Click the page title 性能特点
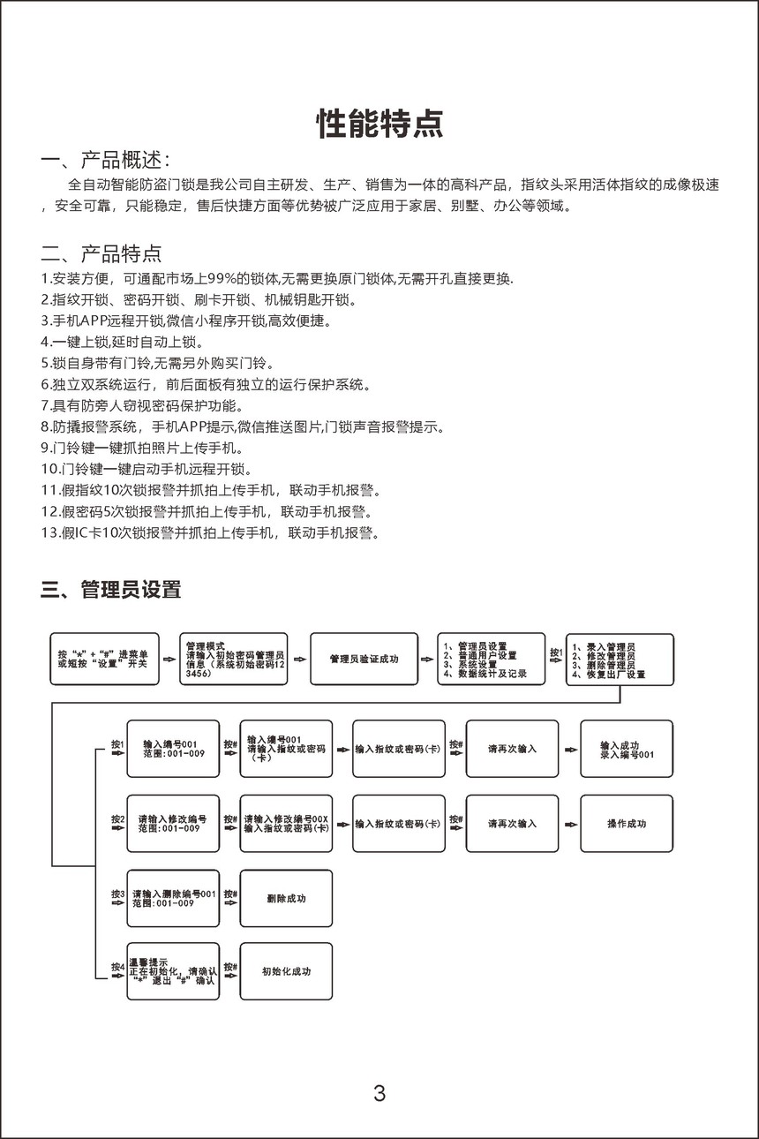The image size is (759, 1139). [x=379, y=124]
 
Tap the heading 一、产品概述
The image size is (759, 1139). [x=105, y=161]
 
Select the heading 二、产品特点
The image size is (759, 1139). [x=101, y=255]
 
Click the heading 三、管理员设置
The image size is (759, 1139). [x=110, y=590]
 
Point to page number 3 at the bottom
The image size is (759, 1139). [x=379, y=1094]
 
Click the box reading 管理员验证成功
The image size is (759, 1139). [x=364, y=659]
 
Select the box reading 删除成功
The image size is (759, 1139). [x=286, y=899]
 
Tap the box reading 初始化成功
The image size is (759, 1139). [x=286, y=971]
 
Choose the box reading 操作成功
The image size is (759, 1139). [x=627, y=824]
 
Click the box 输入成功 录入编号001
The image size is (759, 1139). [x=627, y=750]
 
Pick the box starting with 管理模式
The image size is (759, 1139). [x=234, y=659]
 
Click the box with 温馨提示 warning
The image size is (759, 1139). [x=173, y=971]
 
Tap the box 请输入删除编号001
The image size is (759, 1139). [x=173, y=899]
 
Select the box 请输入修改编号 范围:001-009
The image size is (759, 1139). [x=173, y=824]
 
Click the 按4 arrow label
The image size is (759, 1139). [x=117, y=968]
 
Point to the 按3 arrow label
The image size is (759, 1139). [x=117, y=895]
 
